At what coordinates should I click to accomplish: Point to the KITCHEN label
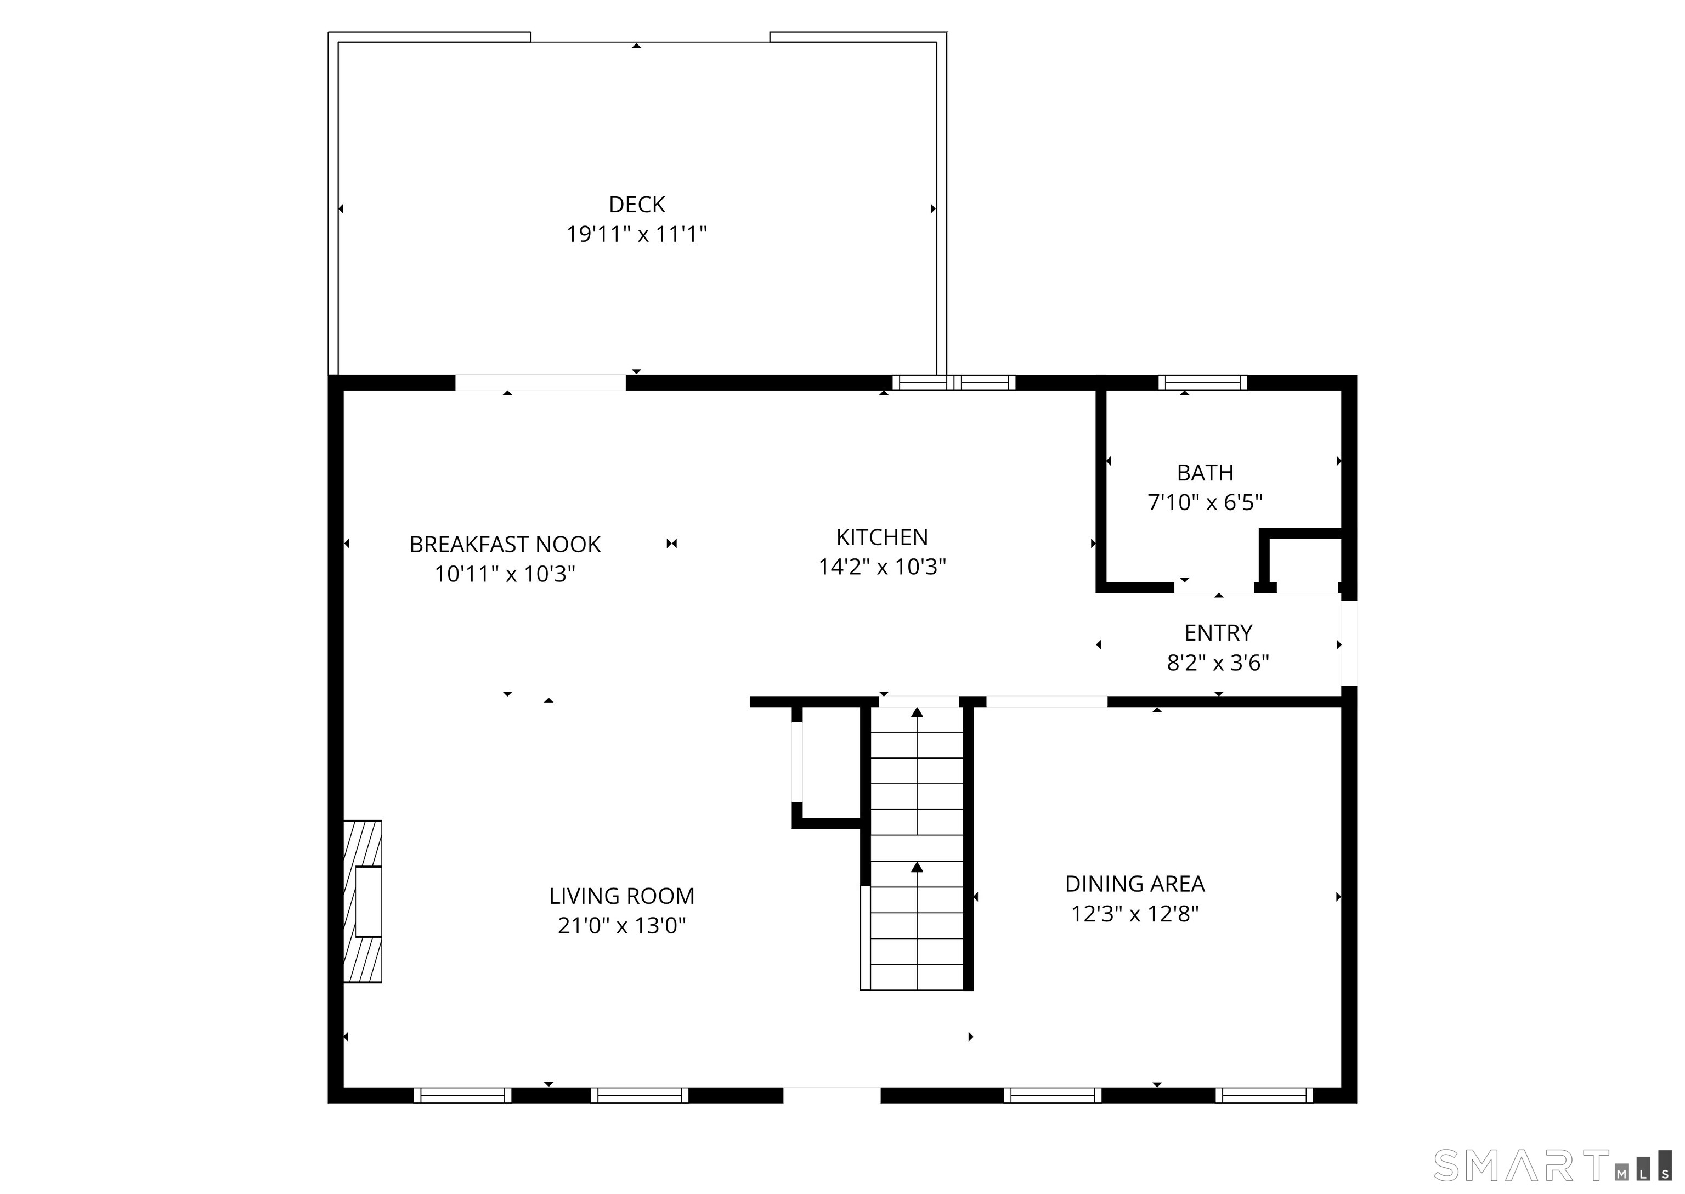click(881, 537)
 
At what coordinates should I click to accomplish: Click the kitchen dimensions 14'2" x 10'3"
click(881, 567)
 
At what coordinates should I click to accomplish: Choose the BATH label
click(1205, 473)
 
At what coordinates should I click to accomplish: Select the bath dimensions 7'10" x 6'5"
click(1205, 503)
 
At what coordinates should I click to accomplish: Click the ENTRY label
click(1218, 633)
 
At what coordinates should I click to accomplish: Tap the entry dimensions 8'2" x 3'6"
click(1218, 663)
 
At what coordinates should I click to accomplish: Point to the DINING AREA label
click(1134, 884)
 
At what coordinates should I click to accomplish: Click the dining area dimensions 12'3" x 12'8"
click(1134, 914)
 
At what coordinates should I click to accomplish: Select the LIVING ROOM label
click(621, 896)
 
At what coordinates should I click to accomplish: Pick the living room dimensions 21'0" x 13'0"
click(621, 926)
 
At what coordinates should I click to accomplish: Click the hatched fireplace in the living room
click(363, 901)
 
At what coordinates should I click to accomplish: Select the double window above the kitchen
click(953, 382)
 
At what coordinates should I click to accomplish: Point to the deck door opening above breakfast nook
click(540, 382)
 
